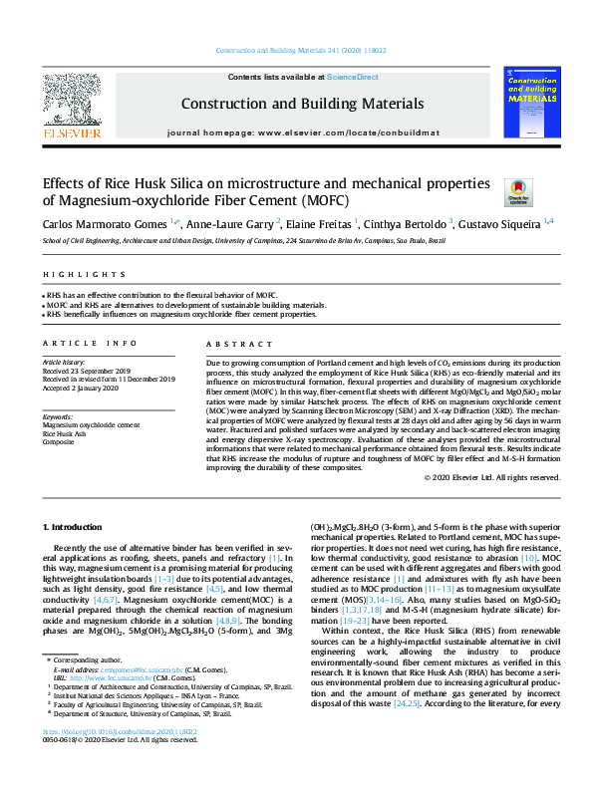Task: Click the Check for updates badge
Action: click(x=519, y=191)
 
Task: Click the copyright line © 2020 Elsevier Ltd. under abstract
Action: click(x=491, y=477)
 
